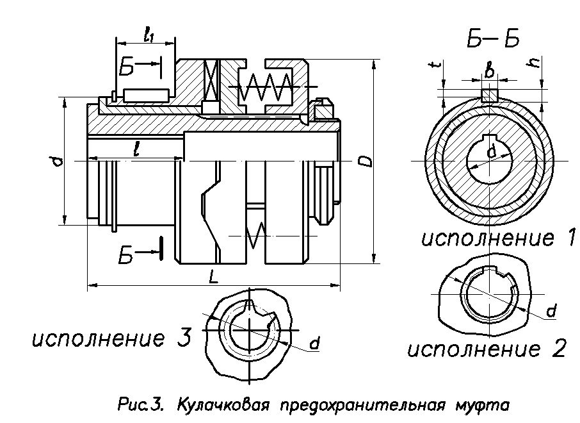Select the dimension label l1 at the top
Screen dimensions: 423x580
pyautogui.click(x=149, y=37)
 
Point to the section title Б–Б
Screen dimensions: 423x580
pyautogui.click(x=492, y=40)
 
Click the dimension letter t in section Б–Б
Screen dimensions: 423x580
pyautogui.click(x=435, y=67)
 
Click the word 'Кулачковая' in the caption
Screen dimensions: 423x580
pyautogui.click(x=213, y=406)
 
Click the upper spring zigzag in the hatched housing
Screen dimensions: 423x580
pyautogui.click(x=262, y=87)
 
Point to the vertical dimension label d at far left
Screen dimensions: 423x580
pyautogui.click(x=58, y=160)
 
